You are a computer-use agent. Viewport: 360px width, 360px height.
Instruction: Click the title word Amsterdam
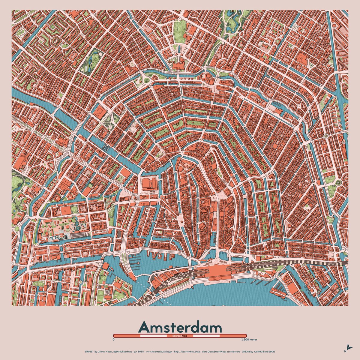[180, 327]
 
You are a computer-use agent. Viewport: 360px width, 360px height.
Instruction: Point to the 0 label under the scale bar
[113, 340]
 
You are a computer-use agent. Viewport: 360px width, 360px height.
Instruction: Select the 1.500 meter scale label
[249, 340]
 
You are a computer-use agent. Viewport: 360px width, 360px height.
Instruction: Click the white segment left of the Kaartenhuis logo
[153, 336]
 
